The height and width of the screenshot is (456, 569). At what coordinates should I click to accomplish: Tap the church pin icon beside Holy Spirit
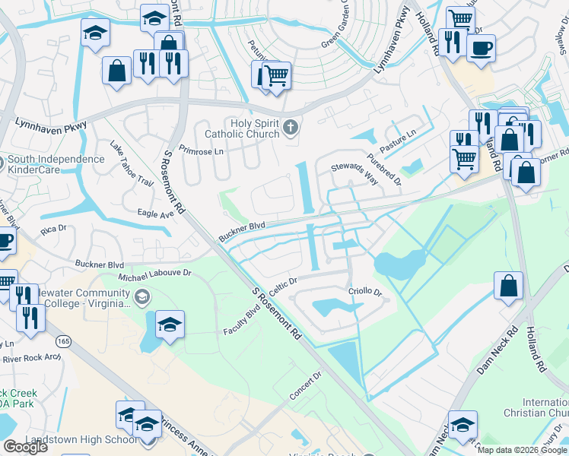[290, 127]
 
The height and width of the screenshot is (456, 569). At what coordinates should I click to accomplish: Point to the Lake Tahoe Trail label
[132, 163]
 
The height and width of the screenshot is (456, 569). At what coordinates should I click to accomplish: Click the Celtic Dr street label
[281, 283]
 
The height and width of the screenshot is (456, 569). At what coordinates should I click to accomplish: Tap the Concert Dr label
[305, 386]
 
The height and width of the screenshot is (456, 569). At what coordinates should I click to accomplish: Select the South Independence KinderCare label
[56, 164]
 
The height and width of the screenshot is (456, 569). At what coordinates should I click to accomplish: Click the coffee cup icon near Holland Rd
[481, 49]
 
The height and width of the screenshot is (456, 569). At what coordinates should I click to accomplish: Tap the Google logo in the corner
[26, 447]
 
